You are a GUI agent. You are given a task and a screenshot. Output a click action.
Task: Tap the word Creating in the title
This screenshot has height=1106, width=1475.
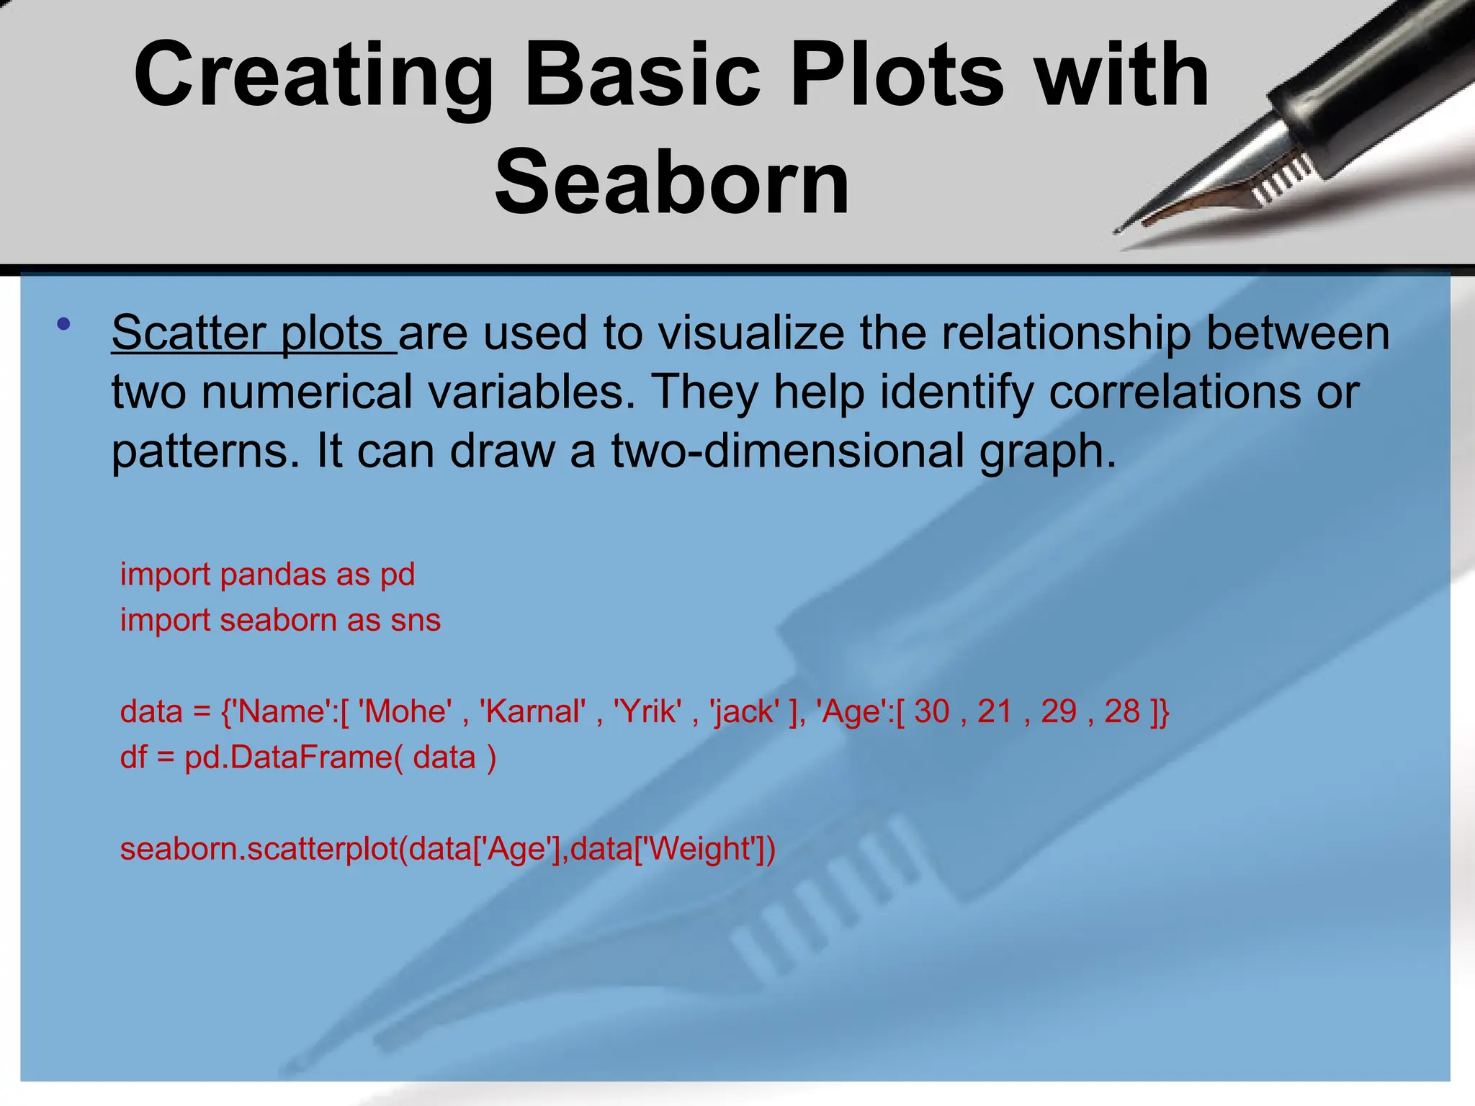313,75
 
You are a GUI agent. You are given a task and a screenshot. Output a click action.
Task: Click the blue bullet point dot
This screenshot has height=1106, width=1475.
64,324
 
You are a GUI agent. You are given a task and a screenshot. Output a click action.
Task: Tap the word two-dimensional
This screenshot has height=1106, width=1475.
788,451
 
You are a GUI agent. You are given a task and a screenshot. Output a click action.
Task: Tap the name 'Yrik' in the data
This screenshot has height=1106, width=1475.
647,712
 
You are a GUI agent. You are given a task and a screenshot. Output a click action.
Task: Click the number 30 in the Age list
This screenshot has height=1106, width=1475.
932,712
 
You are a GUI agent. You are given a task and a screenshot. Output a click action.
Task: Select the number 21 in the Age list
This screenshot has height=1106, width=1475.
995,712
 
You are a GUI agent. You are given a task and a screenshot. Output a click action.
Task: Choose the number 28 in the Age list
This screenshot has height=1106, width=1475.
1122,712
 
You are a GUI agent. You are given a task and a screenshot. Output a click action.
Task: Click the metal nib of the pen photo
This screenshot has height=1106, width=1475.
1217,194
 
